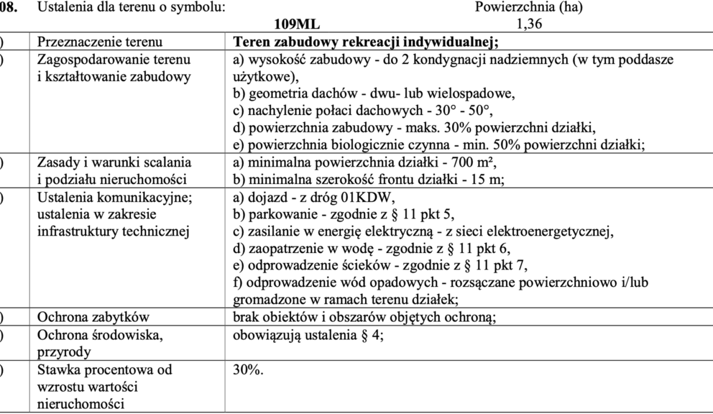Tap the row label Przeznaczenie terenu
99,43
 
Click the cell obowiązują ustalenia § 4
308,333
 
